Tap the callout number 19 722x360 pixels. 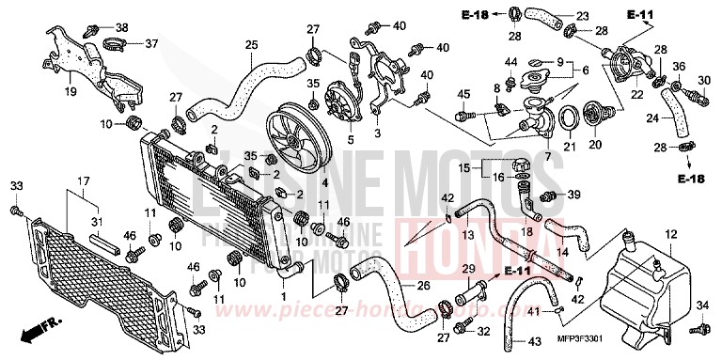(x=70, y=92)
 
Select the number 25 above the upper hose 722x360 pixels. (x=251, y=44)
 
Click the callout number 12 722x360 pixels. (x=669, y=233)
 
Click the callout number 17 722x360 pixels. (x=83, y=180)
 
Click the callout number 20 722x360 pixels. (x=593, y=146)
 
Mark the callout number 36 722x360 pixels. (x=702, y=66)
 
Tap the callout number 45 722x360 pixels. (x=463, y=93)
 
